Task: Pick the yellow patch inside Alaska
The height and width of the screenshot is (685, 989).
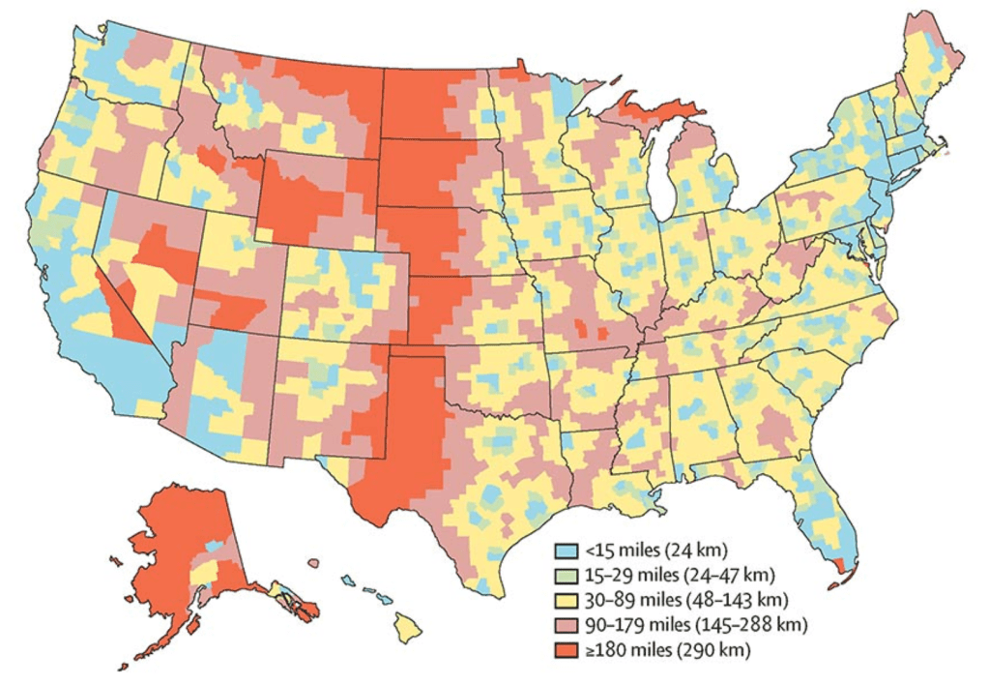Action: click(204, 576)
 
